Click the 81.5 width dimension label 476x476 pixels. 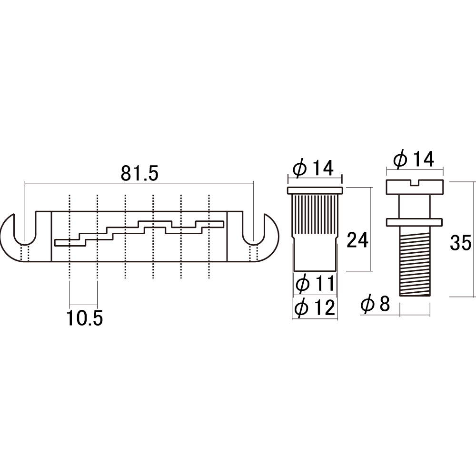(139, 174)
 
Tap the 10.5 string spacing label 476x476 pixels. (85, 318)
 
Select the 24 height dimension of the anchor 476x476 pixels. (357, 240)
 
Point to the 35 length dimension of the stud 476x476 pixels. (460, 243)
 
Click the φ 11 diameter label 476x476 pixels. (315, 284)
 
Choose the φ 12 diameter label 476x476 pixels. (315, 307)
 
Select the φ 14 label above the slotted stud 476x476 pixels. (414, 159)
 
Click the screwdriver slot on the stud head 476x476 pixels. (415, 183)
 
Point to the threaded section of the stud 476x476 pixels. (415, 261)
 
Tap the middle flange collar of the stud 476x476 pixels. (415, 222)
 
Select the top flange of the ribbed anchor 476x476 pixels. (315, 191)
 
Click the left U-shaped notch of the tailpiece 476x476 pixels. (25, 231)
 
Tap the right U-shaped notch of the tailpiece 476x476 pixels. (253, 231)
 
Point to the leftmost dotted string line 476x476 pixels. (69, 236)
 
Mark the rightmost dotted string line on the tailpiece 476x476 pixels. (209, 236)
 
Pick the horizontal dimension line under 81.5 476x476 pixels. (139, 183)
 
